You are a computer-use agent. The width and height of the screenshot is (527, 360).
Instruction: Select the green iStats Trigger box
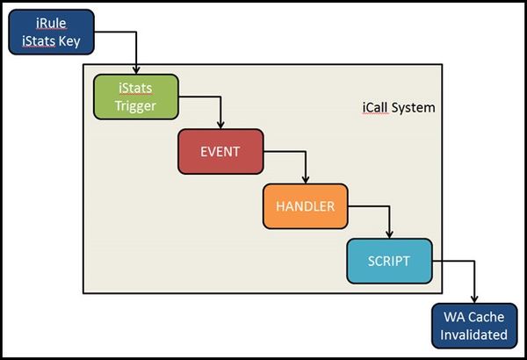[x=136, y=97]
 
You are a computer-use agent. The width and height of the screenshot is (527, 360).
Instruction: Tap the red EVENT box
[x=220, y=152]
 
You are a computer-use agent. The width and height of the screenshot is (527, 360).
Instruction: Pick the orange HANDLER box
[x=305, y=207]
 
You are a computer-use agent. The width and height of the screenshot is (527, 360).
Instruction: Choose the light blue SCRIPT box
[x=390, y=261]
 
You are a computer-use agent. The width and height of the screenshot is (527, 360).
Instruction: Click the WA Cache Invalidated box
[x=475, y=326]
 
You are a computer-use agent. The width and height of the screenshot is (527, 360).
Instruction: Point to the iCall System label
[x=398, y=110]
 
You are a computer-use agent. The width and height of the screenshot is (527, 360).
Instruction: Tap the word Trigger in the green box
[x=136, y=106]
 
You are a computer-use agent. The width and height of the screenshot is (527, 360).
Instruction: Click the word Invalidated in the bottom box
[x=475, y=335]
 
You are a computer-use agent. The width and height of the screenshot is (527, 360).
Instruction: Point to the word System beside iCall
[x=415, y=110]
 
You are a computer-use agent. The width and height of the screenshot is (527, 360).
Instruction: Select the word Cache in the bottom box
[x=487, y=317]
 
